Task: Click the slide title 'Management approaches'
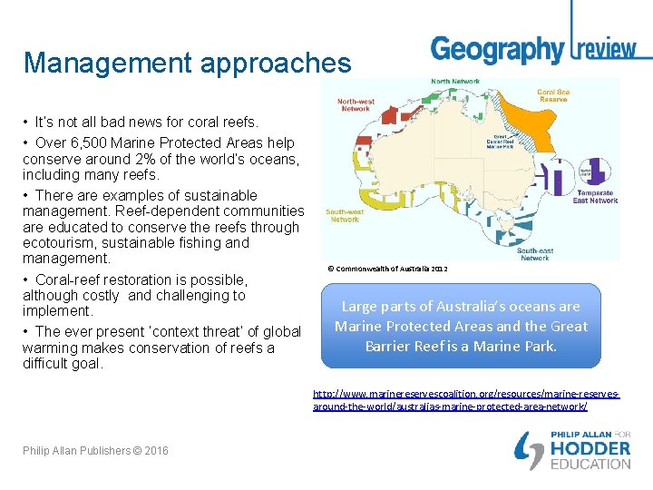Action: click(187, 63)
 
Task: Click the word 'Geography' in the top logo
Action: click(496, 49)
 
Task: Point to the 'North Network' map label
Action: click(455, 82)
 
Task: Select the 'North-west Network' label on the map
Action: click(356, 105)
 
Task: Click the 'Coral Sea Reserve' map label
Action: click(552, 95)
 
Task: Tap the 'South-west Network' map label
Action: click(345, 215)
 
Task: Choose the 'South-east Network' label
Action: click(535, 253)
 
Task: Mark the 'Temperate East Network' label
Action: click(595, 196)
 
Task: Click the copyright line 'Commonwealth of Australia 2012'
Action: click(387, 269)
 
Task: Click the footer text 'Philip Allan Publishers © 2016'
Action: click(95, 451)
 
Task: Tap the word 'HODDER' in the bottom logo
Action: click(591, 448)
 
